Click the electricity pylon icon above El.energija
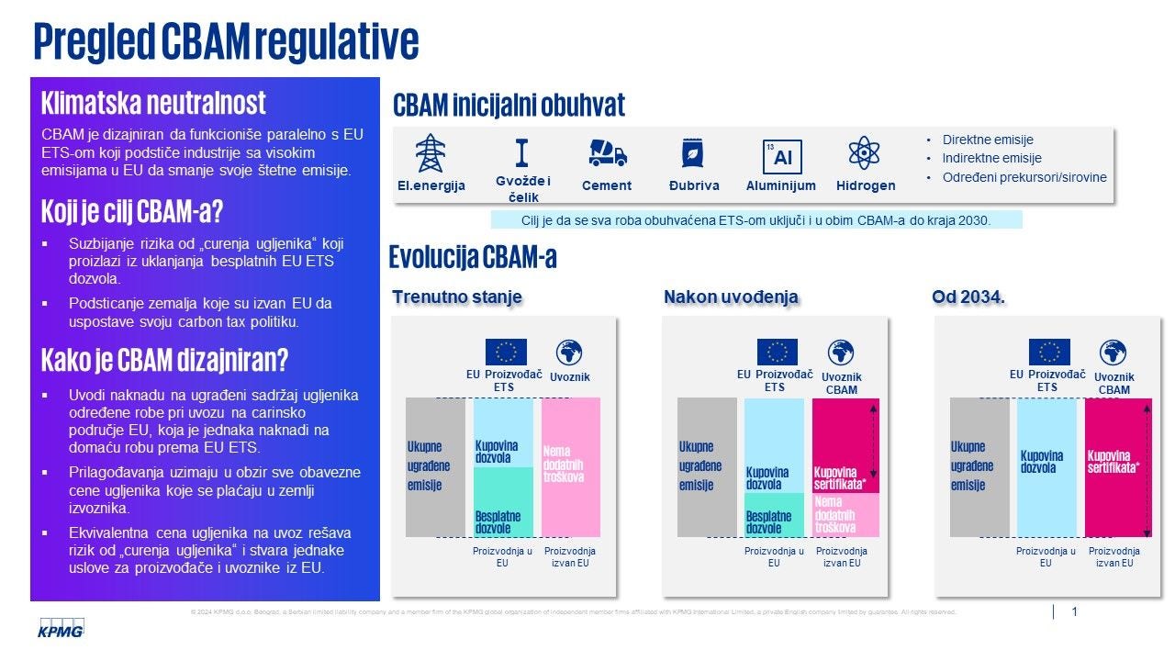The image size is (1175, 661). coord(430,153)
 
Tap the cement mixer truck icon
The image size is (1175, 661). coord(607,153)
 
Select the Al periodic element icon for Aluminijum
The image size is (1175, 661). coord(781,156)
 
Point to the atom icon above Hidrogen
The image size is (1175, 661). coord(864,153)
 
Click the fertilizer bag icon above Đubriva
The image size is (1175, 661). coord(692,153)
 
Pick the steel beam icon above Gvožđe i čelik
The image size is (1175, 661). coord(522,152)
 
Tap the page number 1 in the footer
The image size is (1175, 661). coord(1074,611)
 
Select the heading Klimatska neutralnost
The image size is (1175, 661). coord(154,102)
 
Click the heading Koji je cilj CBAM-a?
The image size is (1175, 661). coord(132,212)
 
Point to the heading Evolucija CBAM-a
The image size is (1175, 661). coord(473,257)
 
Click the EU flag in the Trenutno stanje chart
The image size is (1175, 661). coord(506,352)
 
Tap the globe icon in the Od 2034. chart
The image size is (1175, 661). coord(1113,352)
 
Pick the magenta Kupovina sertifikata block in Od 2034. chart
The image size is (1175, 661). coord(1117,466)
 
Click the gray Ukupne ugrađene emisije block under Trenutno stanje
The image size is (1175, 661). coord(435,465)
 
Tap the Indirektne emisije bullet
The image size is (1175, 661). coord(991,158)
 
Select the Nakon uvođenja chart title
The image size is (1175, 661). coord(731,297)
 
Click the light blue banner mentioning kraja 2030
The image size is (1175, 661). coord(756,220)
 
